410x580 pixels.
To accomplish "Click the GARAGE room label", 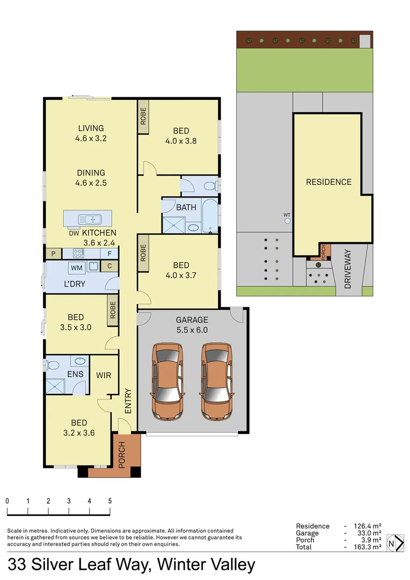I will (192, 320).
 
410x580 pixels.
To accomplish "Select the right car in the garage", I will (217, 381).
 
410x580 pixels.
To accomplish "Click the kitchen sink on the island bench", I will (90, 219).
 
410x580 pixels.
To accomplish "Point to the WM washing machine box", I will (76, 267).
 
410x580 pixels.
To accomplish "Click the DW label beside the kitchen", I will (74, 233).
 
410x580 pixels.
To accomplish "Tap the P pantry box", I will (54, 253).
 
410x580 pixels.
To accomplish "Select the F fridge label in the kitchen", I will (109, 253).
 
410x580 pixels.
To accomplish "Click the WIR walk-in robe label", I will (104, 375).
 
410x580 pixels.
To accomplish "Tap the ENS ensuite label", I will (74, 375).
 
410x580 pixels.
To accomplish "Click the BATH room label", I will (186, 207).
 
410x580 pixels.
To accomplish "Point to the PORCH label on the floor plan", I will (121, 454).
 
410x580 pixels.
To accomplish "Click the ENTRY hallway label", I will (128, 401).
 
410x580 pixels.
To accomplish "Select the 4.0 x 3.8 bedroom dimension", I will (181, 142).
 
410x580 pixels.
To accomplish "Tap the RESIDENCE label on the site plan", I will (328, 182).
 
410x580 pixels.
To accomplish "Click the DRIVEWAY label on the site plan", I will (348, 270).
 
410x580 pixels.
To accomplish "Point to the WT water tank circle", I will (288, 220).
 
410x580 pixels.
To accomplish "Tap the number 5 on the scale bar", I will (110, 501).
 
